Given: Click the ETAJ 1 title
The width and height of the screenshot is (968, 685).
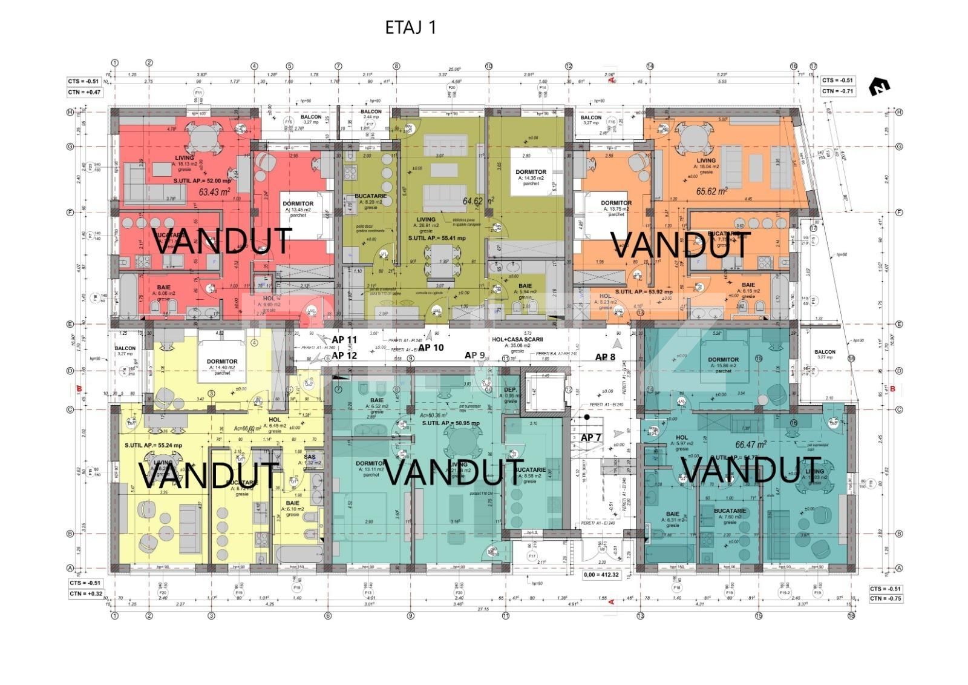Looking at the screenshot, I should [411, 27].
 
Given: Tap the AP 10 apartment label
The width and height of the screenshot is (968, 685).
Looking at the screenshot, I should [431, 348].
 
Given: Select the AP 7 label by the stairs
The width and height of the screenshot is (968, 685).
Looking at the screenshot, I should [591, 437].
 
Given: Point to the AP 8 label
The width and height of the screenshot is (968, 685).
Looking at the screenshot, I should [605, 357].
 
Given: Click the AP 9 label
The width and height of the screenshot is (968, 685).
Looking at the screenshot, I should [475, 356].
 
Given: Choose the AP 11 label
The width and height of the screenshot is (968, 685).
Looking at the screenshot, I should [345, 340].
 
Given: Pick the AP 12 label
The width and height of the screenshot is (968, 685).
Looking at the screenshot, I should [345, 356].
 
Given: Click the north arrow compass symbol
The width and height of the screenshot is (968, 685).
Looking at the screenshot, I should [879, 88].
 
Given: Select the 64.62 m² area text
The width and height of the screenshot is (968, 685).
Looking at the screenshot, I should [479, 200].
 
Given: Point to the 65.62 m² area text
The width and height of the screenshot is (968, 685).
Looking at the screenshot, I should [712, 190].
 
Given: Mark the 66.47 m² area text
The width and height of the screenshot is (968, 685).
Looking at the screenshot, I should [751, 444].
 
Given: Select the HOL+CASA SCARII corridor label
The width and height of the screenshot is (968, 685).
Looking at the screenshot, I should [511, 340].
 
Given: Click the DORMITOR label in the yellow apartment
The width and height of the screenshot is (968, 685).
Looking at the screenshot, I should [222, 362].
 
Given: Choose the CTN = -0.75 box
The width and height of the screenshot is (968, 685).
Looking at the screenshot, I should [886, 598].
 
